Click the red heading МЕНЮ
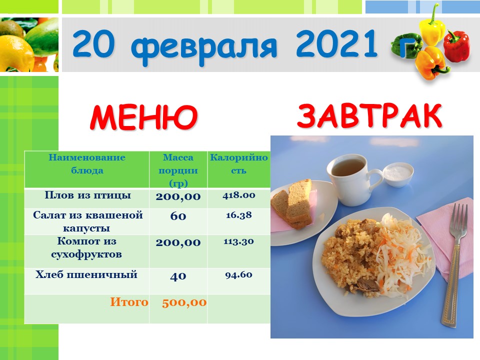(143, 117)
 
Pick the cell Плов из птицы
(87, 195)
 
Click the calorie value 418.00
(239, 195)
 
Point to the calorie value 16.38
(239, 215)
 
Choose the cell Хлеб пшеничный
(86, 274)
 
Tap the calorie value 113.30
(239, 241)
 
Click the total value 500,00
(184, 302)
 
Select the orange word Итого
(129, 302)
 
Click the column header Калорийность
(239, 164)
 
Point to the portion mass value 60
(178, 216)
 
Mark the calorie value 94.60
(239, 274)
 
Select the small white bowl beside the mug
(398, 174)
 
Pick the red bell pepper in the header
(456, 46)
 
